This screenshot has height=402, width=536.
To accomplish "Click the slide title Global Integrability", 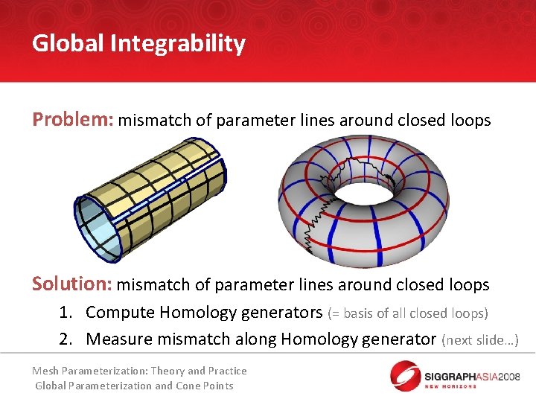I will click(138, 44).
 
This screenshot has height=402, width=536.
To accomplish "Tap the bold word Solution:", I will click(72, 284).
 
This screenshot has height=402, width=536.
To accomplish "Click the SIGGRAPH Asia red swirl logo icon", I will click(406, 374).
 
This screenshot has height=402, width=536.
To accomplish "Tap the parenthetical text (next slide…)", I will click(479, 340).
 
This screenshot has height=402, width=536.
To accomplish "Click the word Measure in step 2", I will click(118, 339).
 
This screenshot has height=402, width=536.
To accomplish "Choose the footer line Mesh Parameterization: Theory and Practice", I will click(139, 371).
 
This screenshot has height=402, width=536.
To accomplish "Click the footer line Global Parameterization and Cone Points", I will click(135, 386).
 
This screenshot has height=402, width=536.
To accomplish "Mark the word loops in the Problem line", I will click(469, 121).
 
